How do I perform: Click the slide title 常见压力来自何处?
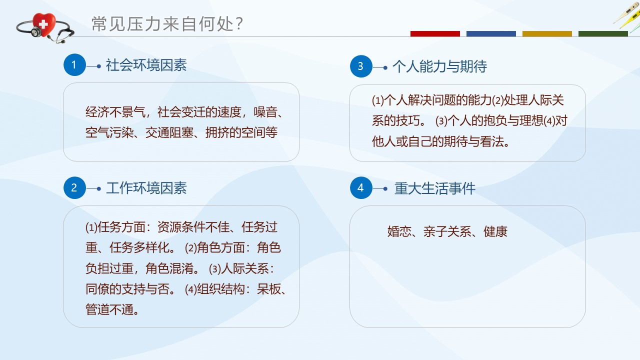(167, 23)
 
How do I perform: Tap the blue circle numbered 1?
(74, 65)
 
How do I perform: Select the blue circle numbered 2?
(74, 187)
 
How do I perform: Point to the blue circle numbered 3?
(361, 66)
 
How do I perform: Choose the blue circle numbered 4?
(361, 187)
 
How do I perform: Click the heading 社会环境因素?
(146, 65)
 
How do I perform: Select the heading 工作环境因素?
(146, 188)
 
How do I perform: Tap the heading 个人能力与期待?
(439, 66)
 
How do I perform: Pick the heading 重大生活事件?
(435, 188)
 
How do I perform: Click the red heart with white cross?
(43, 24)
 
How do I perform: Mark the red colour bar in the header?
(435, 33)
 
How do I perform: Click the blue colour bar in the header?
(491, 33)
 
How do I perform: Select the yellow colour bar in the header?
(547, 33)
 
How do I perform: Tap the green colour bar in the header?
(603, 33)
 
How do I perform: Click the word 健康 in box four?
(495, 231)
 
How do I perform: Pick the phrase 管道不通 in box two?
(109, 309)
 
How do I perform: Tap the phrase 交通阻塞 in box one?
(169, 132)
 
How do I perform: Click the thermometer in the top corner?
(627, 15)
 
